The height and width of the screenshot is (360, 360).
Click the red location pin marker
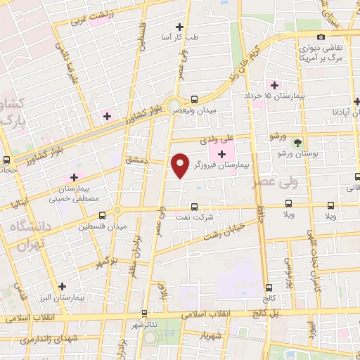[x=181, y=165]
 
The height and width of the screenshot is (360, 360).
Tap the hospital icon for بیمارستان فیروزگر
[x=222, y=155]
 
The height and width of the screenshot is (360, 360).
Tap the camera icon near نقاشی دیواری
[x=321, y=37]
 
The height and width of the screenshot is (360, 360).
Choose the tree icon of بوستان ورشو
[x=298, y=143]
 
